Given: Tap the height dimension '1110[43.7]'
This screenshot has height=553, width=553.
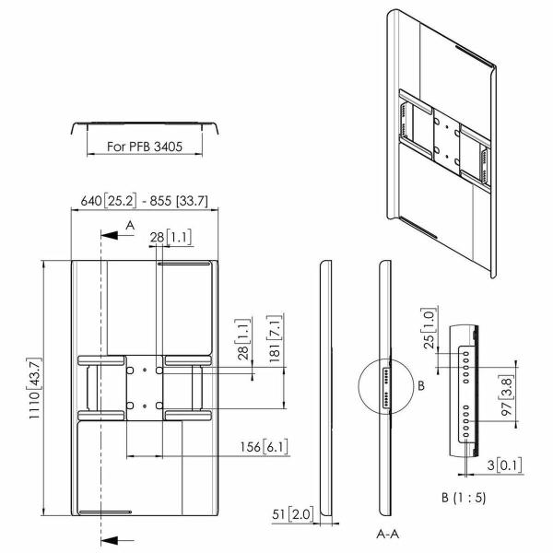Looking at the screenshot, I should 36,389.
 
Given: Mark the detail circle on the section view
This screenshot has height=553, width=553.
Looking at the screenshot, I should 383,386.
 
